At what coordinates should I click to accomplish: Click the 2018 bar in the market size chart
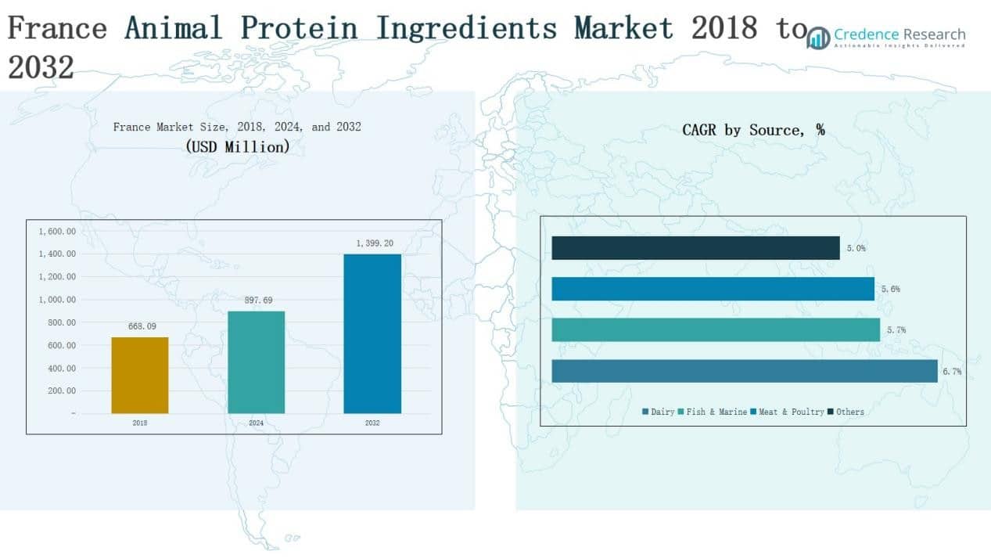(140, 375)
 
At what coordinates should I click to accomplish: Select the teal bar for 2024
(256, 362)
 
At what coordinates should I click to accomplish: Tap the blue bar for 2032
(372, 333)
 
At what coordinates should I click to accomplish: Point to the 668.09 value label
(140, 326)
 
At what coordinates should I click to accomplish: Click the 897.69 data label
(256, 300)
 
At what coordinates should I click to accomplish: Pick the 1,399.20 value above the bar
(372, 243)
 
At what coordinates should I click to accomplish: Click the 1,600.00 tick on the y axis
(57, 232)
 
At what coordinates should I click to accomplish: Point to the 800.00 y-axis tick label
(59, 322)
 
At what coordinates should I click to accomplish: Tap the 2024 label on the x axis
(256, 423)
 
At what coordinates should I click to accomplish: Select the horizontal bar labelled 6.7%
(744, 371)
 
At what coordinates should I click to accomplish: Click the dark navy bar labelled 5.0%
(695, 248)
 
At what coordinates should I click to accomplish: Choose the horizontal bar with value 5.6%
(713, 289)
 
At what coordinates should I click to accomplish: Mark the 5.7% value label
(896, 330)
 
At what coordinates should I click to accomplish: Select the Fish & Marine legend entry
(712, 412)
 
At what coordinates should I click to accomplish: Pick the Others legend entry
(846, 412)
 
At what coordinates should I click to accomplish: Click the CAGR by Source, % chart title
(753, 130)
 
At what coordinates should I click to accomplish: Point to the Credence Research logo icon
(819, 38)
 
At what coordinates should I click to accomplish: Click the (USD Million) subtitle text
(237, 146)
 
